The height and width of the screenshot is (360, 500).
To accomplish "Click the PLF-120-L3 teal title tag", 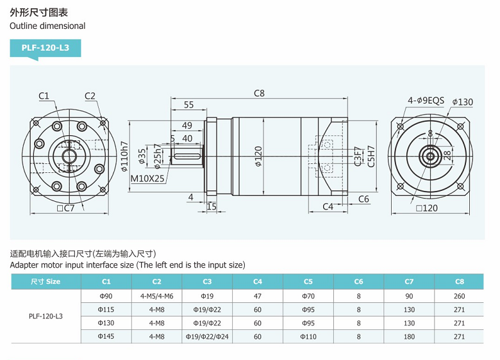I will coord(45,48).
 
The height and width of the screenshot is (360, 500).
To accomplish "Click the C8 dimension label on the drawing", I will coord(259,93).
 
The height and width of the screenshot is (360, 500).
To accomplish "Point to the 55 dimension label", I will coord(188,104).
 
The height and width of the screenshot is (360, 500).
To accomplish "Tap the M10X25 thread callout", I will coord(148,178).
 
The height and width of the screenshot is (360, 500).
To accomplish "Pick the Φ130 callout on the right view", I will coord(462,102).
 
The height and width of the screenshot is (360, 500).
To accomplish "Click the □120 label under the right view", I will coord(426,208).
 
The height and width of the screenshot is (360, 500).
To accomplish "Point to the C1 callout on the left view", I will coord(44,96).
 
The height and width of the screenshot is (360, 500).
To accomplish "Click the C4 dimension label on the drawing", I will coord(328,206).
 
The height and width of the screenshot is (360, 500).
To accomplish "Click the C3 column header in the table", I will coord(207,281).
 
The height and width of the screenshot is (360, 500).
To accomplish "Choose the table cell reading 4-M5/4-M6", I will coord(156,296).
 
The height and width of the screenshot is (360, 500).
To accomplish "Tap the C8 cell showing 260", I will coord(459,296).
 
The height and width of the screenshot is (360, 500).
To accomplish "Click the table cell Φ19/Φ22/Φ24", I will coord(207,336).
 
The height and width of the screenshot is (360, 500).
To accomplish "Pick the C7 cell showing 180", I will coord(409,336).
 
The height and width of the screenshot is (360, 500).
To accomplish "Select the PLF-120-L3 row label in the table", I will coord(46,316).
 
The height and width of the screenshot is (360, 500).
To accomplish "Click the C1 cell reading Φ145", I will coord(106,336).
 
